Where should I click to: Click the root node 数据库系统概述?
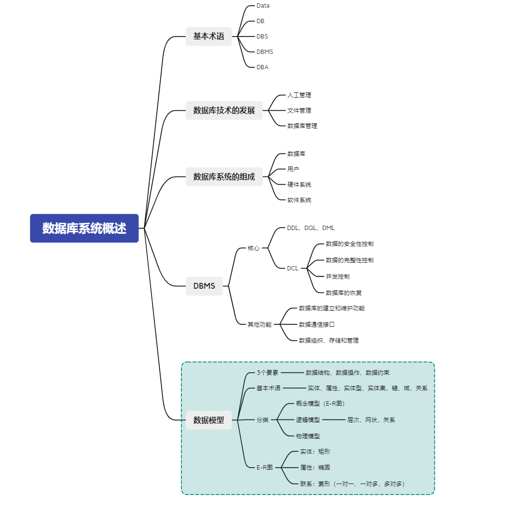coord(84,229)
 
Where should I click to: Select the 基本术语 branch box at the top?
coord(209,36)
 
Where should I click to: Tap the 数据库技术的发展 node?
coord(224,110)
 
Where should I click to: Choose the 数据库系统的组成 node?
coord(224,177)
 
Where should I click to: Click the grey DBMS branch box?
coord(204,286)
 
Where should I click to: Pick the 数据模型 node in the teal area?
coord(209,420)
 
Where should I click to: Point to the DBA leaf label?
coord(263,67)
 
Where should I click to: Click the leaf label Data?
coord(263,6)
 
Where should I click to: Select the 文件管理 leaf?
coord(299,110)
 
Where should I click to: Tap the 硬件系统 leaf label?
coord(299,185)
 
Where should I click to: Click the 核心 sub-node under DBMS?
coord(254,248)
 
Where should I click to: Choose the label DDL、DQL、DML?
coord(311,228)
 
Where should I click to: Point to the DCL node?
coord(293,268)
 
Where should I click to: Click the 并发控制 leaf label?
coord(338,277)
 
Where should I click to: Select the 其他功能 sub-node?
coord(259,324)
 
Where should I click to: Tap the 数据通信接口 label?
coord(317,324)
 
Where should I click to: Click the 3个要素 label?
coord(267,372)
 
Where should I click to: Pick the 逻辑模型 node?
coord(308,420)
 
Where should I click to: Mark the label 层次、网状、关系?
coord(371,420)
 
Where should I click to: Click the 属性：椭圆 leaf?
coord(315,467)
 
